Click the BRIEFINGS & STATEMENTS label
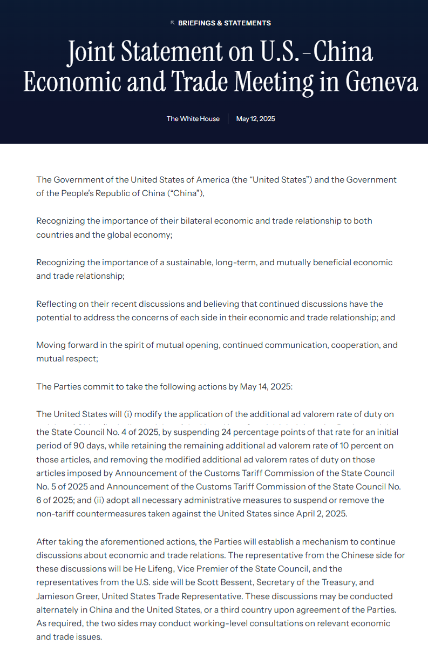(225, 23)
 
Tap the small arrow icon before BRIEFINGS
(172, 23)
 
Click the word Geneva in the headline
(381, 82)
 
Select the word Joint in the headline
(91, 52)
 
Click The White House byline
(193, 119)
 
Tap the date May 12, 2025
(255, 119)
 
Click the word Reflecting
(57, 304)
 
